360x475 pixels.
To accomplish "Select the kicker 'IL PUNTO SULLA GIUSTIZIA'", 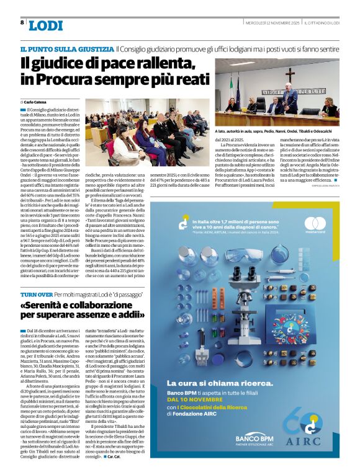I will pos(66,48).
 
